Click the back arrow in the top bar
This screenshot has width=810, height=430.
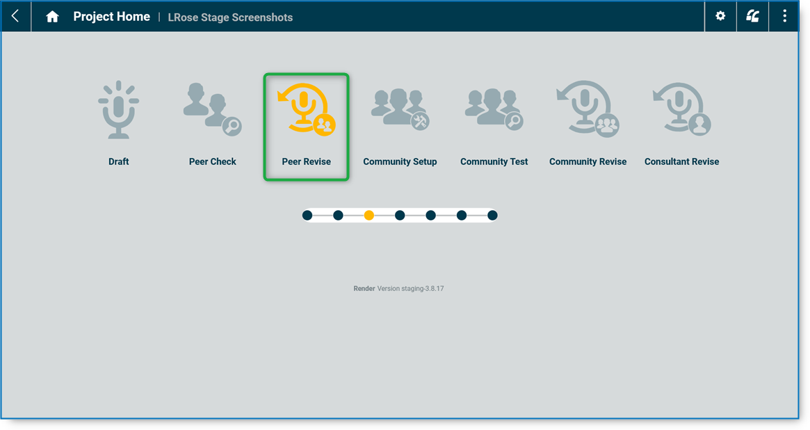(x=15, y=16)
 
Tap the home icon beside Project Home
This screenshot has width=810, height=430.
(x=52, y=17)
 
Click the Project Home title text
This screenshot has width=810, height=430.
(x=111, y=17)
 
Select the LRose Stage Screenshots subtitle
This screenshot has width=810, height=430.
(x=230, y=17)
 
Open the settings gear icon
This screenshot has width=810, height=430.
(x=720, y=16)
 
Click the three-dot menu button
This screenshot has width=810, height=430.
(x=785, y=16)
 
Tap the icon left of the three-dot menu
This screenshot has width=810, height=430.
(x=752, y=16)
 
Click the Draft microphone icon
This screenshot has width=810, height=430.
(x=119, y=110)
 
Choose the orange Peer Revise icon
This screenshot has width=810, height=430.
(x=306, y=109)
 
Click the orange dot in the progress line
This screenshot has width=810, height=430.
(x=369, y=216)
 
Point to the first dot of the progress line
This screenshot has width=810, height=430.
(x=307, y=216)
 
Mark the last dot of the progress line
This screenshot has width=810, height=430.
(x=492, y=216)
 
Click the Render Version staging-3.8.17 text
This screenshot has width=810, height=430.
(x=398, y=288)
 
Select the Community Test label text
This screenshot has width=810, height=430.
(x=494, y=161)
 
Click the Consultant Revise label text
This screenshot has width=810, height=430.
(x=681, y=161)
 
